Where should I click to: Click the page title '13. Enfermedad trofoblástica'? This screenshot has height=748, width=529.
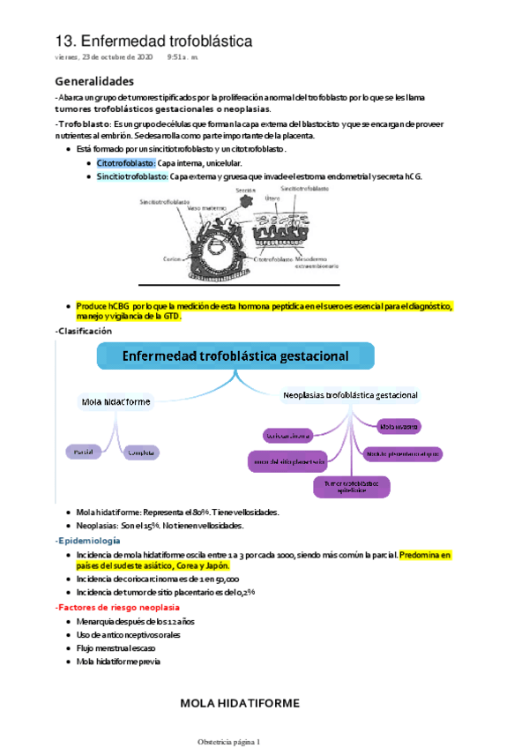pyautogui.click(x=153, y=41)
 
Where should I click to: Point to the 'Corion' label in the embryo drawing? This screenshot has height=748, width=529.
pyautogui.click(x=172, y=259)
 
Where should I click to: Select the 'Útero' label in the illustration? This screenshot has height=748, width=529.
pyautogui.click(x=272, y=198)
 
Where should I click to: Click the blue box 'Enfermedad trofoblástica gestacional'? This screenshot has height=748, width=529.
pyautogui.click(x=235, y=356)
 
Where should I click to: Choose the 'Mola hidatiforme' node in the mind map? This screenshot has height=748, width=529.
pyautogui.click(x=115, y=401)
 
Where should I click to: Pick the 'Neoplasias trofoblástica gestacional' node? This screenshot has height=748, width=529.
pyautogui.click(x=350, y=394)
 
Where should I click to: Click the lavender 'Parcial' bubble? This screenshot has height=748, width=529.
pyautogui.click(x=84, y=452)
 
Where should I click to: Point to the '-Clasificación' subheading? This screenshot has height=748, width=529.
pyautogui.click(x=84, y=330)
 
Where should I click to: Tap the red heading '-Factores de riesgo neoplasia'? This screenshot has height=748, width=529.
pyautogui.click(x=116, y=608)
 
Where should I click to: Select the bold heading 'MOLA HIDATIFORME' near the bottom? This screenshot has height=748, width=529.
pyautogui.click(x=240, y=703)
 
